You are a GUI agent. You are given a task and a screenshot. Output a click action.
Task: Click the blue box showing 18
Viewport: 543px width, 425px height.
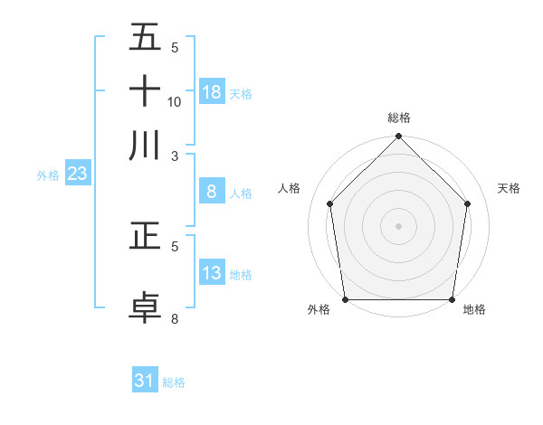212,92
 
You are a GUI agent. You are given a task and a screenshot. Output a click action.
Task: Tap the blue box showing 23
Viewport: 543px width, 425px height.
77,175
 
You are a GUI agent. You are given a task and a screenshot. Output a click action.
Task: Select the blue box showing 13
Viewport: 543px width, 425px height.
212,274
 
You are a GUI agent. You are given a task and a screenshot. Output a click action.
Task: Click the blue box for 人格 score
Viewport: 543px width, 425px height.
212,192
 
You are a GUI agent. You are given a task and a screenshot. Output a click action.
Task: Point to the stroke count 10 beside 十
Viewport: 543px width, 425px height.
175,102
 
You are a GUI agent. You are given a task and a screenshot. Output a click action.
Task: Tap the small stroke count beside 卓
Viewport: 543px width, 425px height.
175,318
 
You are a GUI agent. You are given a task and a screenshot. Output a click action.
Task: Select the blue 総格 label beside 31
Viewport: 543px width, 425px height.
174,382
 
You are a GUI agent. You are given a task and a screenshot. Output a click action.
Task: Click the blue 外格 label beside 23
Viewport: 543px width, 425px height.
48,175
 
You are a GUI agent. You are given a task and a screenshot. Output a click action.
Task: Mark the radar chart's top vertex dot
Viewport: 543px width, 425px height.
398,137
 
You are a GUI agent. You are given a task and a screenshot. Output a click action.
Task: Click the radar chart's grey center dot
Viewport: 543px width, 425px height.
398,226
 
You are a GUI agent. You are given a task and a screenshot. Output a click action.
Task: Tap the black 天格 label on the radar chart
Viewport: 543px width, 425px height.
509,188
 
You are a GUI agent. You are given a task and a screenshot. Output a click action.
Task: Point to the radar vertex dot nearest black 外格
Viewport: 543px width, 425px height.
345,299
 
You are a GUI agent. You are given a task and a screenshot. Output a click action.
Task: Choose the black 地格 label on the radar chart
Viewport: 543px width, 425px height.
474,310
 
